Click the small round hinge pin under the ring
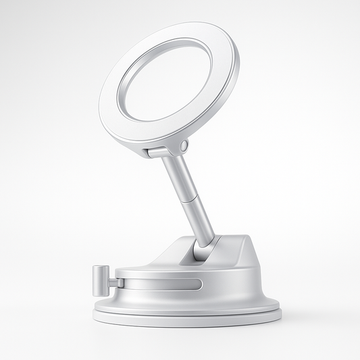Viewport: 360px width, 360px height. click(x=183, y=147)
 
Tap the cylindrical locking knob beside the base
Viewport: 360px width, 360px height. click(x=99, y=279)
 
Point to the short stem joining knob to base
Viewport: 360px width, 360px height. click(x=110, y=280)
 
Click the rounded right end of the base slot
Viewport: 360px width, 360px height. click(x=199, y=284)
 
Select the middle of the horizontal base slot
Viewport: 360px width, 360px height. click(x=162, y=284)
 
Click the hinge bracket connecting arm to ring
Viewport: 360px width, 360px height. click(x=162, y=150)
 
